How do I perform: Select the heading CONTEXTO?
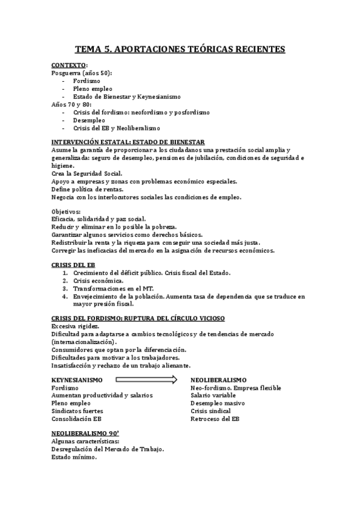69,65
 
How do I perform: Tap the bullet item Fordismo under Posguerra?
87,80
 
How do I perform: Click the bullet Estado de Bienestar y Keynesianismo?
126,96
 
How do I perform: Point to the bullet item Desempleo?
90,120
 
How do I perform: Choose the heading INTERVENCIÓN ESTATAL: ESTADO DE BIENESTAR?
128,142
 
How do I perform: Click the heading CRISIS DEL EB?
73,265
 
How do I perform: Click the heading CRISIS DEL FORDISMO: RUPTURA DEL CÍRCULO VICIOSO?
138,318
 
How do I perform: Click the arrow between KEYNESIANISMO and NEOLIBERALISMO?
146,379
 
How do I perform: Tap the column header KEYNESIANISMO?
77,380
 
